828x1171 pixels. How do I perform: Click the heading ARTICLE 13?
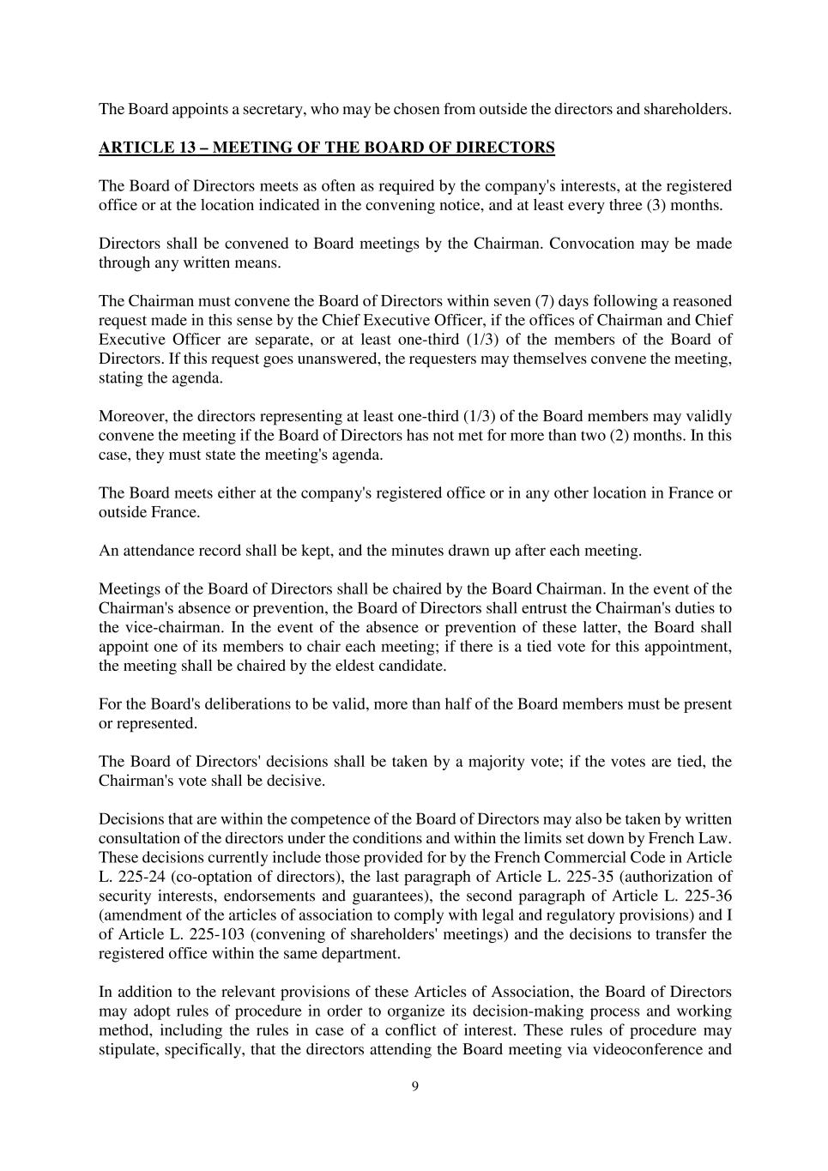326,148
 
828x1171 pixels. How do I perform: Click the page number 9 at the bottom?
415,1087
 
